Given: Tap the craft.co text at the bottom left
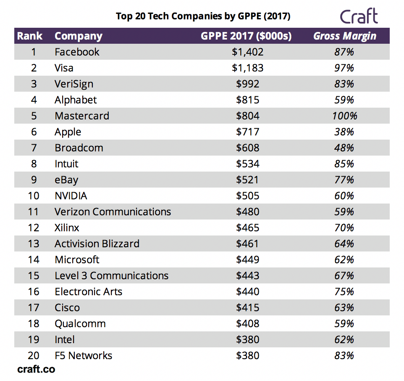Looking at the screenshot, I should (x=36, y=369).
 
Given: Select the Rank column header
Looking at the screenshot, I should (x=29, y=36).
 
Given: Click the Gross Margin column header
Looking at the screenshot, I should (x=344, y=36).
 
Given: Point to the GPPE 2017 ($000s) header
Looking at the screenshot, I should (x=246, y=36).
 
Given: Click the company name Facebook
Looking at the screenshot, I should (x=77, y=52).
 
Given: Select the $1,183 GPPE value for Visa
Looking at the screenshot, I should (x=247, y=68).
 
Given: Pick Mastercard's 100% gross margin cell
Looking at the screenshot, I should (x=344, y=116).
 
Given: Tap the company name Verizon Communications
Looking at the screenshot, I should (x=113, y=212).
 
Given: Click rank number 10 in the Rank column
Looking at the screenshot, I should (x=34, y=196).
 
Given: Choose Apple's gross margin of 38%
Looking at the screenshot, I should (x=344, y=132).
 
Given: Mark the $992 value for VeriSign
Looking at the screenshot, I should (x=247, y=84).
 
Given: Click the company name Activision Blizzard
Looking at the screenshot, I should (x=97, y=244).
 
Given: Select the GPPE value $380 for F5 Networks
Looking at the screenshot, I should (x=247, y=356).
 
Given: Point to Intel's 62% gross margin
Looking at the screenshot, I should (x=344, y=340).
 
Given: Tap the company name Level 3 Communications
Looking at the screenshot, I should (x=111, y=276).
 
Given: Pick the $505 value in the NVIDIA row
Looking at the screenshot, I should (x=247, y=196).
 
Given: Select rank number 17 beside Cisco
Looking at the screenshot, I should (x=34, y=308).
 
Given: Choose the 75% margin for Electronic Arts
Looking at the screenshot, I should (x=344, y=292).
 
